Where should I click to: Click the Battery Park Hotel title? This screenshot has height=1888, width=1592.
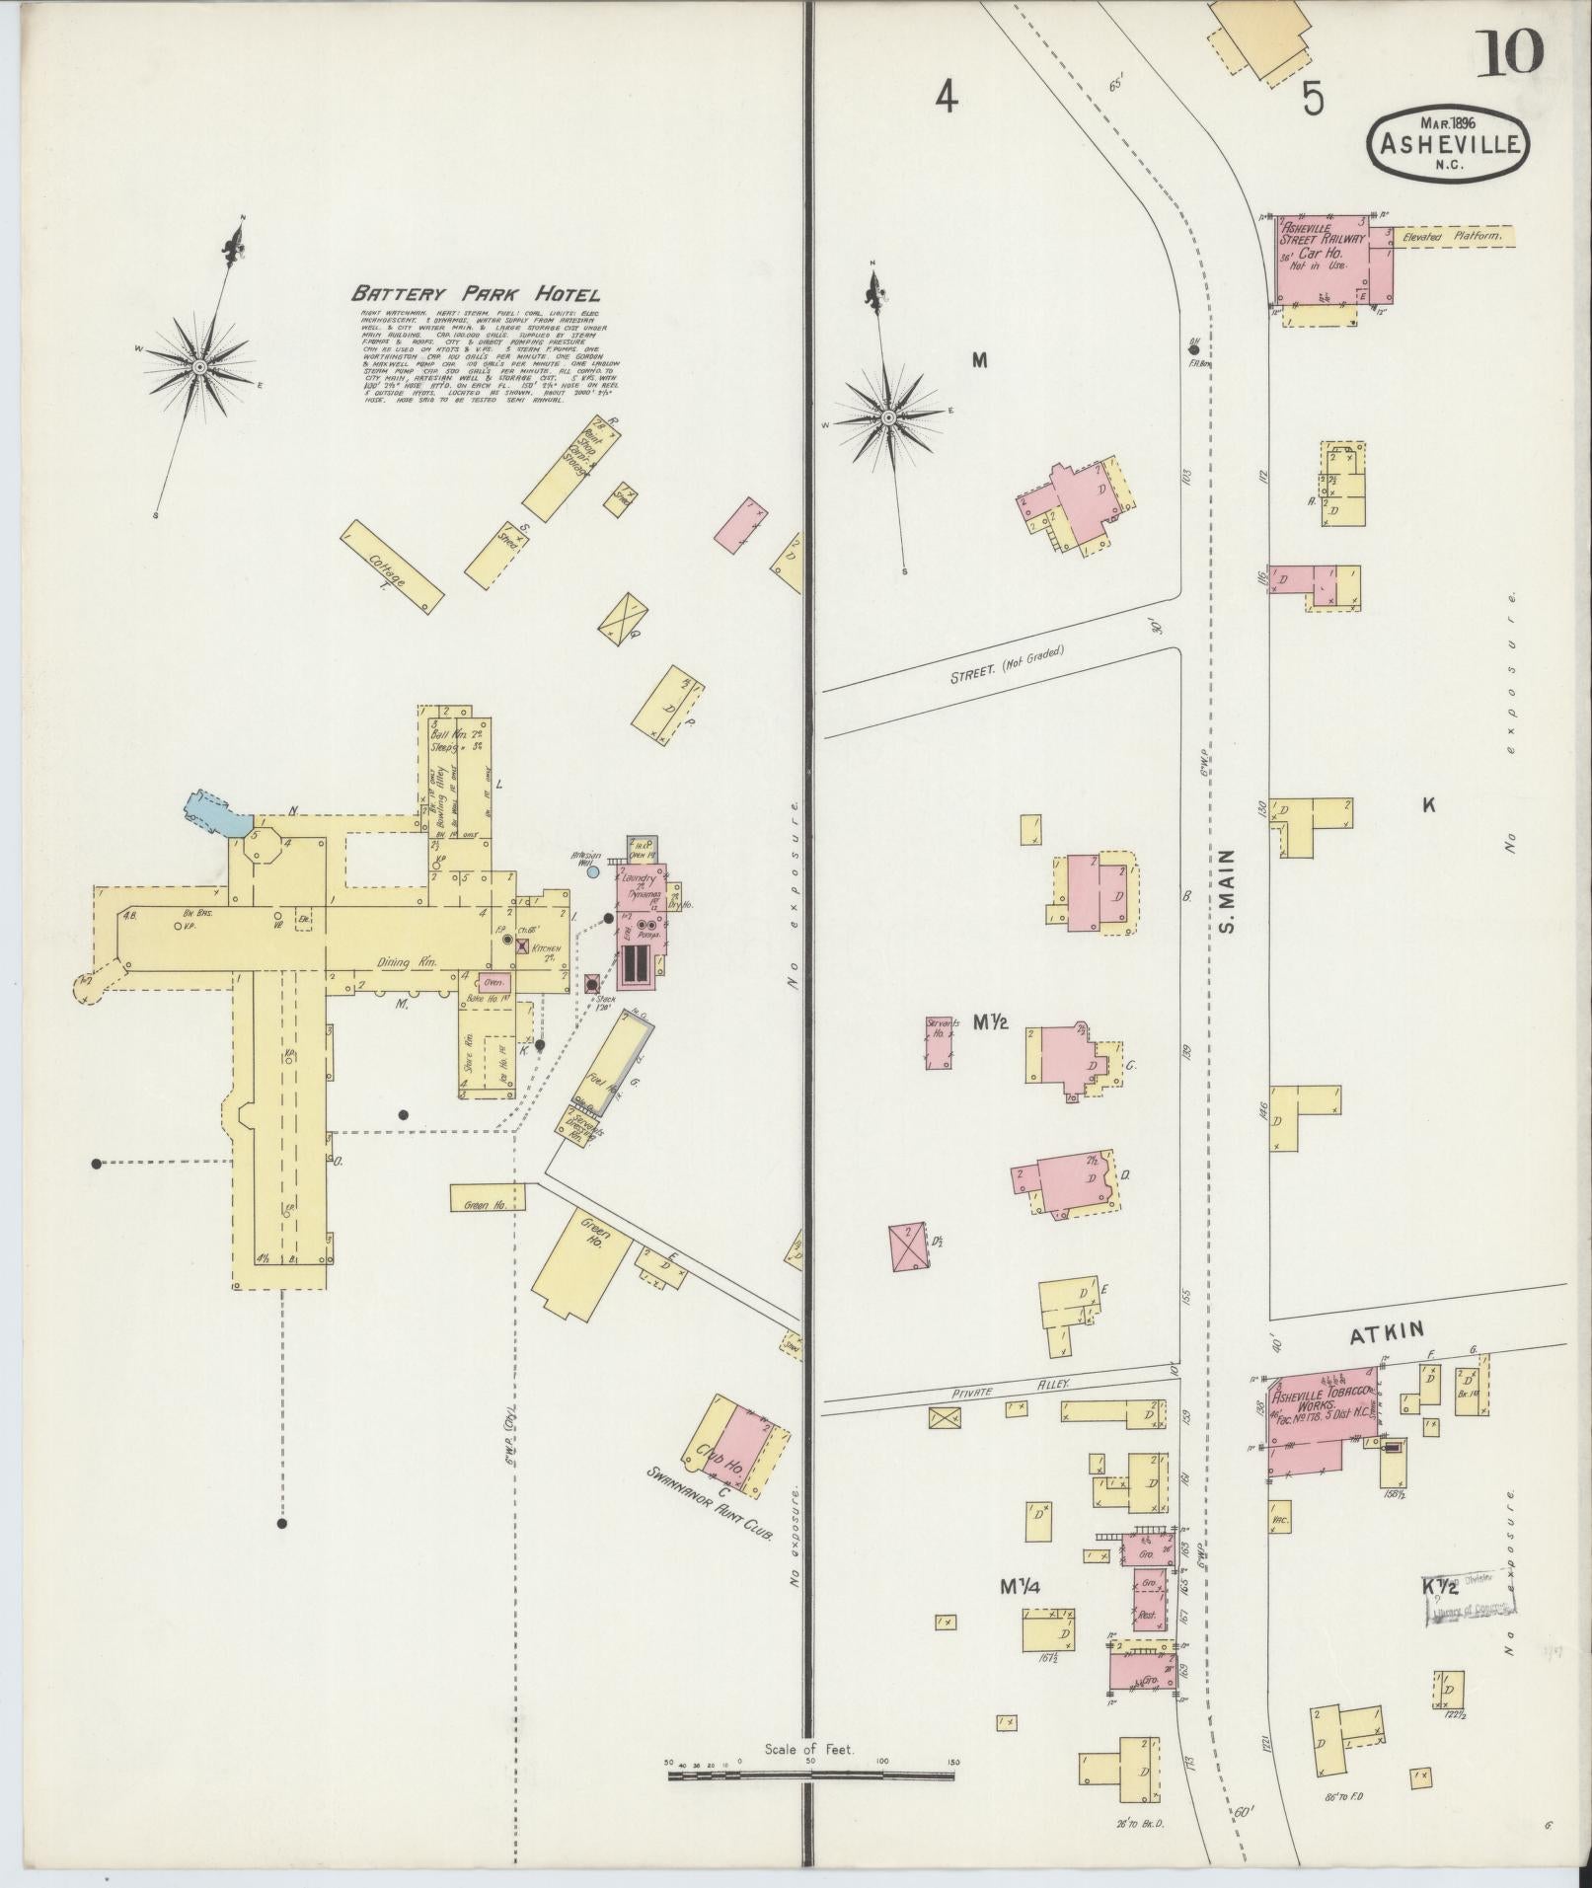tap(475, 294)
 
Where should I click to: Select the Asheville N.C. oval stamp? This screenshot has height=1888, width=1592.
tap(1449, 145)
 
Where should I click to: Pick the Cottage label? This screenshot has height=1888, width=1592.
tap(390, 571)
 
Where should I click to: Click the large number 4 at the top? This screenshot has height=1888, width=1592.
tap(947, 97)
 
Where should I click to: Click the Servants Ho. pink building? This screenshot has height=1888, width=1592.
tap(940, 1043)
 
